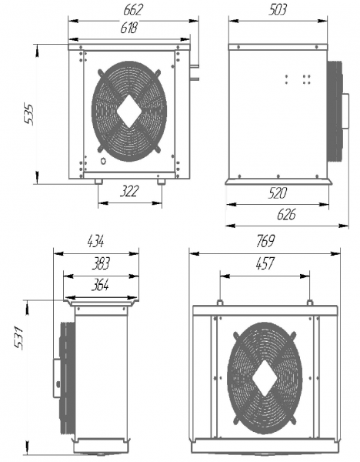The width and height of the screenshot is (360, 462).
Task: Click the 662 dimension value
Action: click(x=133, y=10)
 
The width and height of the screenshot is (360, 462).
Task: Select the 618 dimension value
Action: click(x=129, y=28)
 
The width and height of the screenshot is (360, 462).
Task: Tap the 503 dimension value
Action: click(x=278, y=10)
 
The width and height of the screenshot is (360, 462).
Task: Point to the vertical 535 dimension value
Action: click(x=29, y=114)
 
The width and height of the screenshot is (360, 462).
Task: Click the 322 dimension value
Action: click(x=129, y=191)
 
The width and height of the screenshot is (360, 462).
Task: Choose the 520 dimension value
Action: click(x=277, y=193)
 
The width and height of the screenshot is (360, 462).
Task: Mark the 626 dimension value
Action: click(x=286, y=215)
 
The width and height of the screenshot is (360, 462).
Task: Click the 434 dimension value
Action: click(x=95, y=241)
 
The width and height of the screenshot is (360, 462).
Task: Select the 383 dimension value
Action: click(x=101, y=263)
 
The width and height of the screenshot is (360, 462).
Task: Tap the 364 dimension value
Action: click(x=100, y=285)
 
